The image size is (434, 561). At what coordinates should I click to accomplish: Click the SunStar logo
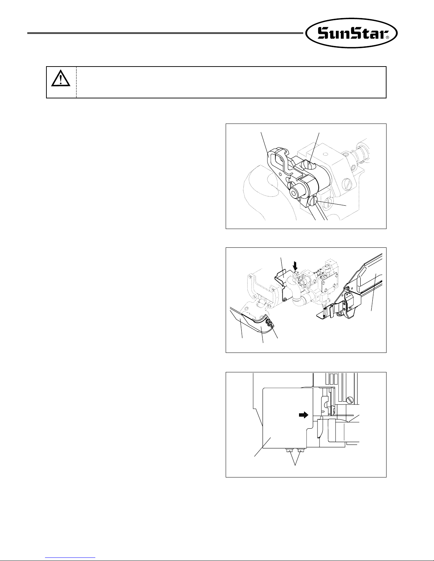(x=351, y=33)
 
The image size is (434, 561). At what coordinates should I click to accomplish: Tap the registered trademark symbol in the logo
(x=387, y=38)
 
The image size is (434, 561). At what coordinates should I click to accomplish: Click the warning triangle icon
(x=61, y=78)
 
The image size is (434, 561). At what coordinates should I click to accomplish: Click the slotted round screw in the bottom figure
(x=350, y=400)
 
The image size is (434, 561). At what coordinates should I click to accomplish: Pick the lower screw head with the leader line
(x=313, y=201)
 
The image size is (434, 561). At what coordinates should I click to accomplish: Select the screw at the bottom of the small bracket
(x=285, y=299)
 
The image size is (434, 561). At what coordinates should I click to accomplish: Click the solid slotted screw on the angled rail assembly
(x=348, y=288)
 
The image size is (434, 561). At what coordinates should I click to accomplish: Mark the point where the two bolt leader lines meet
(x=295, y=465)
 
